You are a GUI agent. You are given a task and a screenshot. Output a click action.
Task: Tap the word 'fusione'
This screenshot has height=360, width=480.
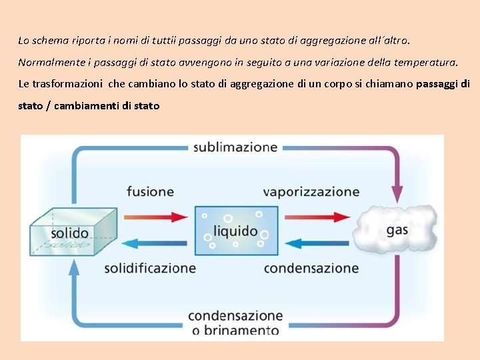(150, 191)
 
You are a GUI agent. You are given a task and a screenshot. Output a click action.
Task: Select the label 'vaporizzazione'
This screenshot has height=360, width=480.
(311, 192)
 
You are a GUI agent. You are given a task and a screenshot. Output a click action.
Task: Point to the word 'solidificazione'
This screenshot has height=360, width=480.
(150, 269)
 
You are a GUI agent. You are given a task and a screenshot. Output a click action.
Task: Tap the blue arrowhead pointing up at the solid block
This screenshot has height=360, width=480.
(74, 266)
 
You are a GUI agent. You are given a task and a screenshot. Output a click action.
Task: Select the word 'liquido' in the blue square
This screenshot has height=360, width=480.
(235, 231)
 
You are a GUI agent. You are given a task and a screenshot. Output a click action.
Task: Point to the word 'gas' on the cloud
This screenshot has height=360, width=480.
(397, 231)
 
